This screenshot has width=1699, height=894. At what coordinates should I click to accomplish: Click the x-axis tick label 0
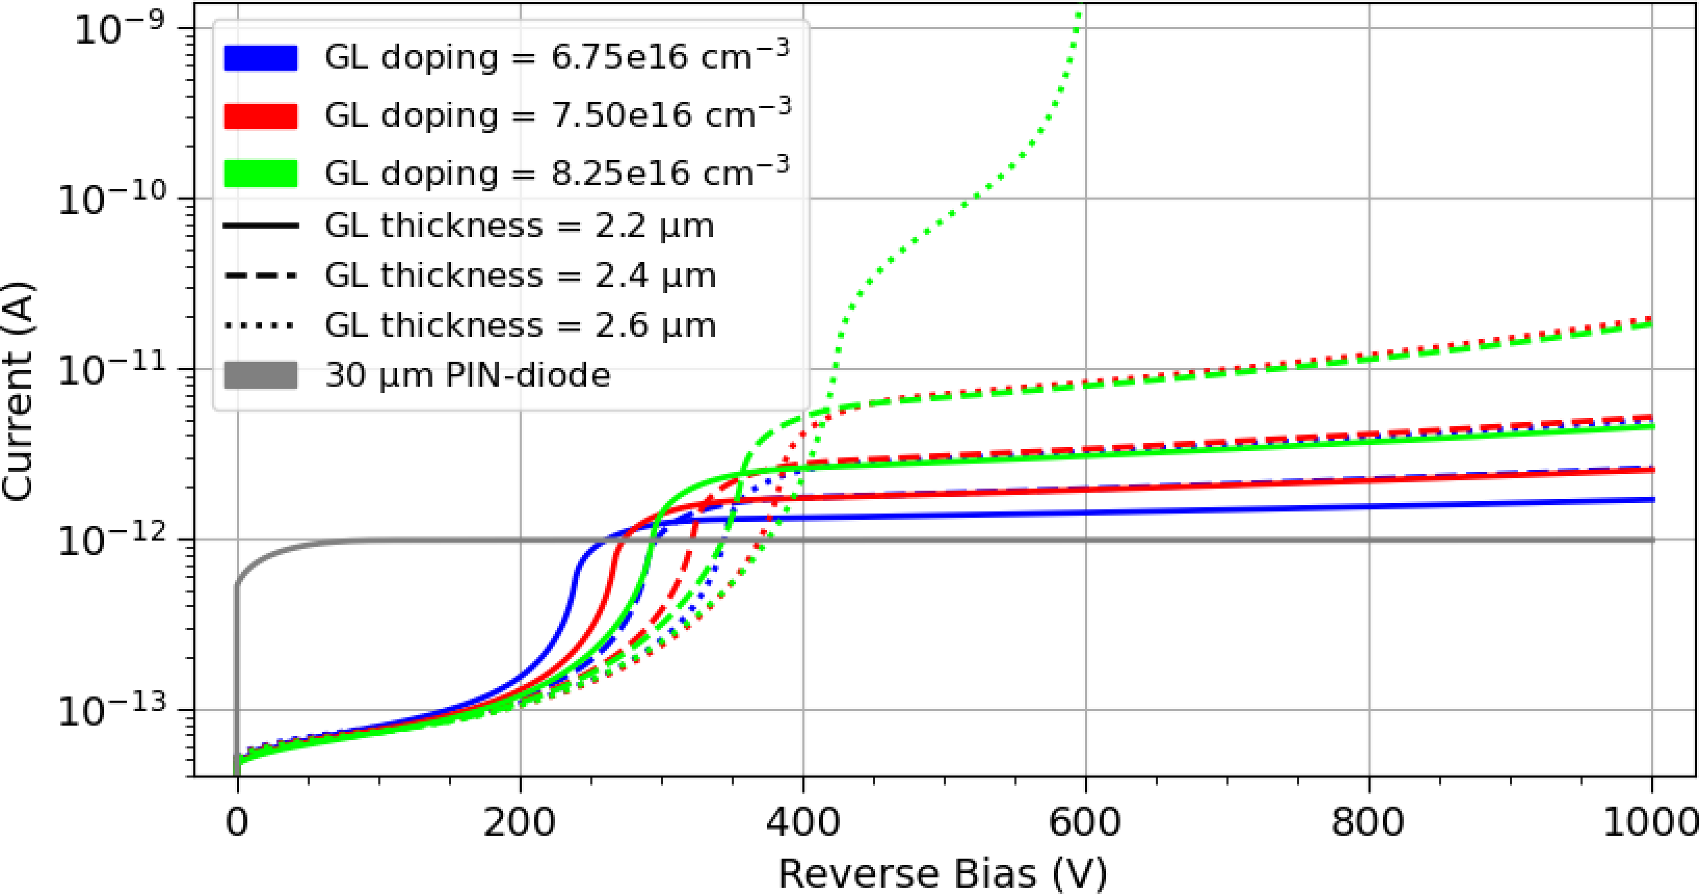[x=237, y=823]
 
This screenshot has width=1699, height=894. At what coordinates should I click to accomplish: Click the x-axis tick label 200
[x=520, y=823]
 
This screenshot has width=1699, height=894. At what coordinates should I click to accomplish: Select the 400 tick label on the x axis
[x=802, y=823]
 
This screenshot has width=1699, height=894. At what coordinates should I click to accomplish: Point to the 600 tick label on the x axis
[x=1085, y=823]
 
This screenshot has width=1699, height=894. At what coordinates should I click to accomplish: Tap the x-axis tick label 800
[x=1368, y=823]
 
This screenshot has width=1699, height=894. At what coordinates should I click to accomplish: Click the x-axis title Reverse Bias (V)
[x=942, y=873]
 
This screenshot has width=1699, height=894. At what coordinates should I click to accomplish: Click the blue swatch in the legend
[x=261, y=58]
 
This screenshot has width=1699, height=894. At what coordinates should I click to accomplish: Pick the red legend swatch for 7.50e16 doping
[x=261, y=116]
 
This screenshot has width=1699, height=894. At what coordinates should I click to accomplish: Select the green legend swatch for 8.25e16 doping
[x=261, y=173]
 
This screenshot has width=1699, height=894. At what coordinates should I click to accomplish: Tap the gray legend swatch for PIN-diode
[x=261, y=375]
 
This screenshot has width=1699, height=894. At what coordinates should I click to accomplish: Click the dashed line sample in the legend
[x=261, y=276]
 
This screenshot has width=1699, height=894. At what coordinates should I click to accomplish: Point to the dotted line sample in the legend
[x=261, y=326]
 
